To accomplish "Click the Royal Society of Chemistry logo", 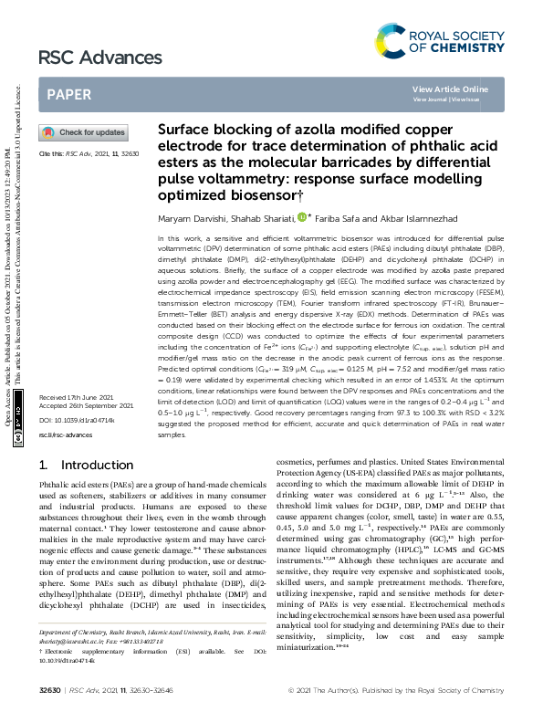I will click(x=440, y=40).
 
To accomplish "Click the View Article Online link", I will click(x=450, y=89).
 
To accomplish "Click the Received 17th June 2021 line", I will click(x=72, y=424).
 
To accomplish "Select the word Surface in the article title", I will click(x=187, y=130).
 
